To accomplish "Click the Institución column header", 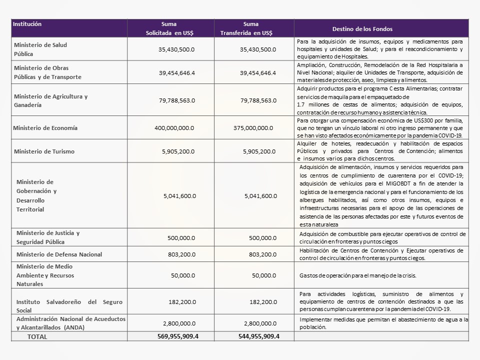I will pyautogui.click(x=27, y=24).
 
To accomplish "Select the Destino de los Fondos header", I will pyautogui.click(x=364, y=29).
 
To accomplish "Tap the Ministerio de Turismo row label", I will pyautogui.click(x=44, y=151).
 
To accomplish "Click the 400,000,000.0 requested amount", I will pyautogui.click(x=174, y=128).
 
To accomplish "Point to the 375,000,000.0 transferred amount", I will pyautogui.click(x=253, y=128).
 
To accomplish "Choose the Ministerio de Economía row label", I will pyautogui.click(x=45, y=128).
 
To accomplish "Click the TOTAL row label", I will pyautogui.click(x=37, y=337).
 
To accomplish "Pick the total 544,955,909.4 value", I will pyautogui.click(x=258, y=336).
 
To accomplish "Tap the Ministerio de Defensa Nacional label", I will pyautogui.click(x=59, y=254).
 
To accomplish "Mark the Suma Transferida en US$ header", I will pyautogui.click(x=246, y=28).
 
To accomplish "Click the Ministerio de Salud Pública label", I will pyautogui.click(x=40, y=49).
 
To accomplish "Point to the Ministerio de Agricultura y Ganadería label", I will pyautogui.click(x=50, y=100).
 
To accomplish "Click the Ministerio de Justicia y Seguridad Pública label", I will pyautogui.click(x=48, y=237).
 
